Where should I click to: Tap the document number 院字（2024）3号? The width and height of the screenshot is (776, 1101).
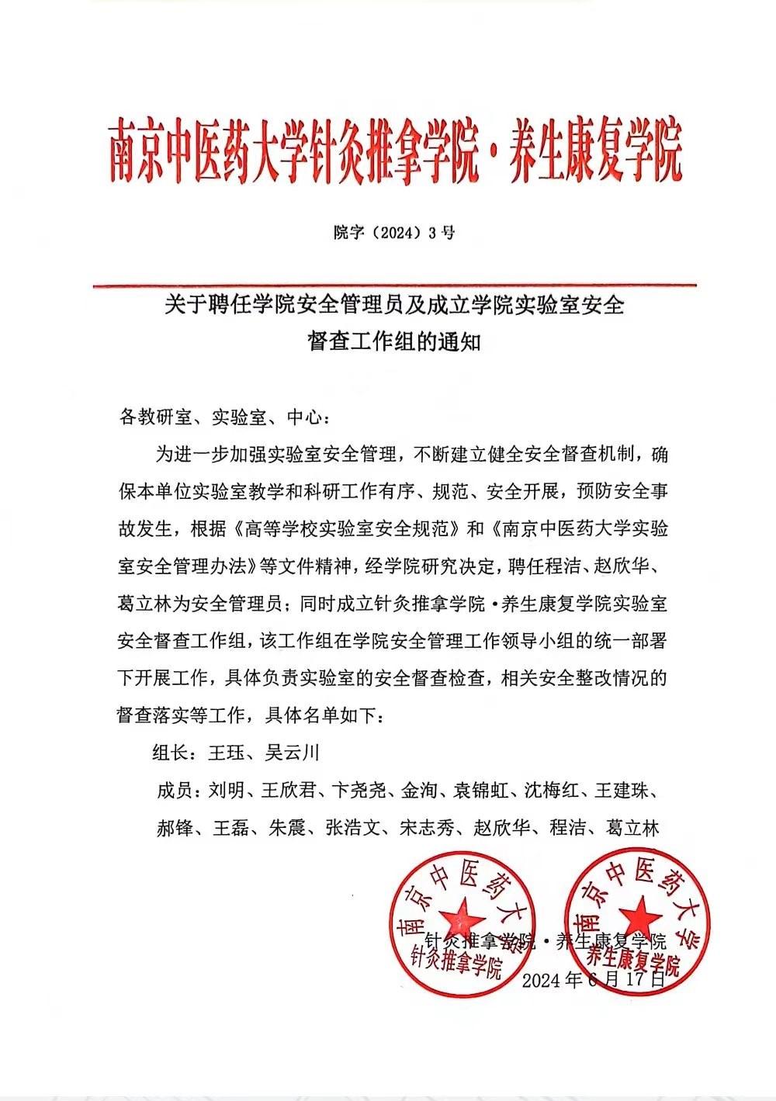(394, 232)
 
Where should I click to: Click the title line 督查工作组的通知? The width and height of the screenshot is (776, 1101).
(394, 341)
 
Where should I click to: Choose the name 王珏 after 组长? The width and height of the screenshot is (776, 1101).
(226, 753)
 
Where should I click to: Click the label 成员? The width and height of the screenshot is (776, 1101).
(175, 791)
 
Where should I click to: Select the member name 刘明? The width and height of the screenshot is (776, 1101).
(227, 791)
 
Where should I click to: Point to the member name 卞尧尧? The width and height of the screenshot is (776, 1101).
(359, 791)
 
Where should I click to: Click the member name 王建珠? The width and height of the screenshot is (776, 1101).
(622, 791)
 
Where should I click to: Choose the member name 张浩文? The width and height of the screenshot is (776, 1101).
(353, 828)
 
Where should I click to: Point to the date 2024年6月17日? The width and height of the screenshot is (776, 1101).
(594, 979)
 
